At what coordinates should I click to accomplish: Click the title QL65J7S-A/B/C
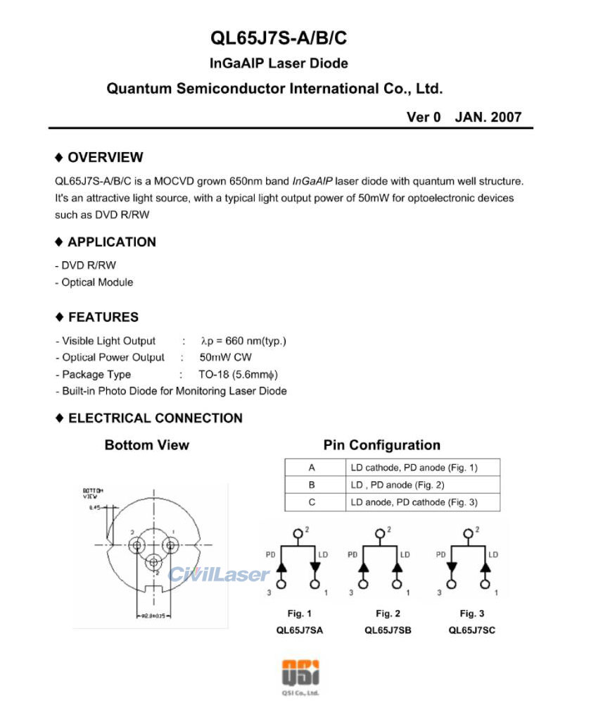(278, 38)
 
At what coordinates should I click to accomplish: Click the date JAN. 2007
(488, 117)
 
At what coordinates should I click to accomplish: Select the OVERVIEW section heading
(105, 157)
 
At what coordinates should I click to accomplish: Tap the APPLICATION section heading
(111, 242)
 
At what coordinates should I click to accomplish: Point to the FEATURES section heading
(103, 317)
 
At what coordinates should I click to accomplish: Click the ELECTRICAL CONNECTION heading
(155, 418)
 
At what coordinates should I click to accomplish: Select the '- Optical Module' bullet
(94, 282)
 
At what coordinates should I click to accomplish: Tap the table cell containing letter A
(312, 467)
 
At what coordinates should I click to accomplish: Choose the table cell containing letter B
(312, 485)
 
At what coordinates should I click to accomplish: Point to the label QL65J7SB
(388, 630)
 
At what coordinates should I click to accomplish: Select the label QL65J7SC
(471, 630)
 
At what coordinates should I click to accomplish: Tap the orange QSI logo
(300, 672)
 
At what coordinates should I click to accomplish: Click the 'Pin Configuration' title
(381, 445)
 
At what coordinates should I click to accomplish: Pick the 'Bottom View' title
(146, 445)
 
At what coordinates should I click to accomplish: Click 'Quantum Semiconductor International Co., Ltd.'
(274, 89)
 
